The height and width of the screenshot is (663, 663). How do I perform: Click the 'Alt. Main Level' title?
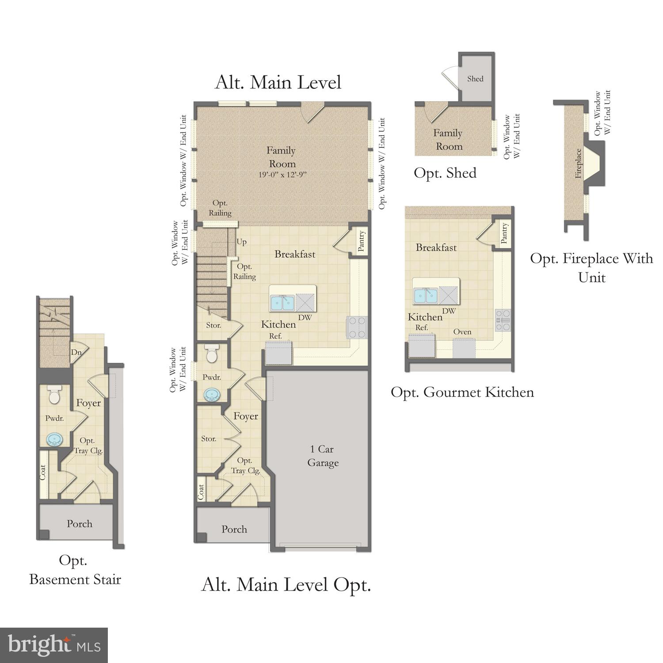[x=278, y=83]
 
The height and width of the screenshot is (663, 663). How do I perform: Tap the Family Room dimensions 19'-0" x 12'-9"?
[x=282, y=175]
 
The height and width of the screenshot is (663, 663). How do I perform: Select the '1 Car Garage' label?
[x=323, y=456]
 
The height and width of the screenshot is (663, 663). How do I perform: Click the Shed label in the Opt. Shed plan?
[x=475, y=79]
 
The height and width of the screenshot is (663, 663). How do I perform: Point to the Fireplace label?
[x=578, y=163]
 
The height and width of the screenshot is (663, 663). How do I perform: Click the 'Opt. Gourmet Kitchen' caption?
[x=462, y=392]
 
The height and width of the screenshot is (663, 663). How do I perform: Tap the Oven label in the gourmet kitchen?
[x=462, y=332]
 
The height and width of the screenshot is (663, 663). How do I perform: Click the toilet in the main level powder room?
[x=212, y=354]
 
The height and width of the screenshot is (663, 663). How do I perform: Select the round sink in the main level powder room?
[x=212, y=394]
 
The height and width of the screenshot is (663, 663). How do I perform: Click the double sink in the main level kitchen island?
[x=282, y=303]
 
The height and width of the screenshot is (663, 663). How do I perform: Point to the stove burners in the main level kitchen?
[x=358, y=328]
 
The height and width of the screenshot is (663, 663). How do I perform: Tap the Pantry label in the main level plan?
[x=361, y=241]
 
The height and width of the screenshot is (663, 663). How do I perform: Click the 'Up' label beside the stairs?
[x=241, y=242]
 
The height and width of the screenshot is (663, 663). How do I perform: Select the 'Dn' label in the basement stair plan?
[x=76, y=352]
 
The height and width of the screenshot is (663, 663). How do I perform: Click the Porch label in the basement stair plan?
[x=80, y=524]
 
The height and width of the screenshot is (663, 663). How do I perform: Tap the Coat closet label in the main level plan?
[x=201, y=492]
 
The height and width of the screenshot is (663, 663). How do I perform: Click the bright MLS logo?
[x=54, y=645]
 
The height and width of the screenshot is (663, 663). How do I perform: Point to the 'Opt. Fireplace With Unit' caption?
[x=591, y=267]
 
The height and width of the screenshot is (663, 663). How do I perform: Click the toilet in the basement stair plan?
[x=54, y=395]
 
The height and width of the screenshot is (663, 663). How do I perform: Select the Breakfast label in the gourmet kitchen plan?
[x=436, y=248]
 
